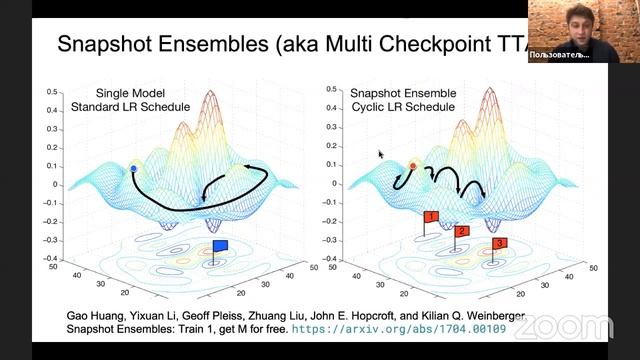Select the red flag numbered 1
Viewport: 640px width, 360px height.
(x=431, y=217)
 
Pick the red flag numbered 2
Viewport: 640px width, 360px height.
(x=461, y=232)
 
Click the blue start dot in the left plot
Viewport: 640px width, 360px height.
(x=134, y=170)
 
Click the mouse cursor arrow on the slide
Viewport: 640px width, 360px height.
(x=380, y=154)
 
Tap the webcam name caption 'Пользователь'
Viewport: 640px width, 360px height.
(x=559, y=54)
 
